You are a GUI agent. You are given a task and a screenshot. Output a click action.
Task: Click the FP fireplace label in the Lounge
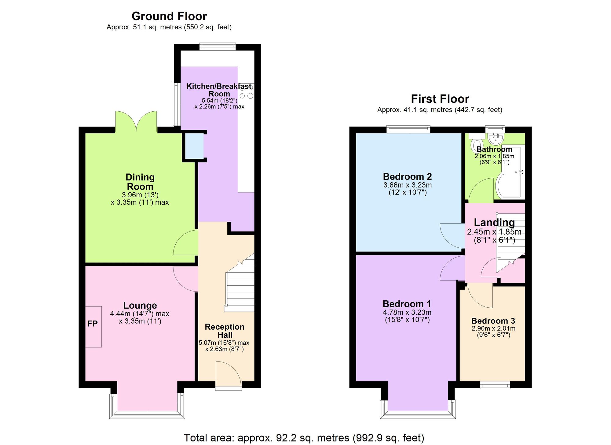pos(93,324)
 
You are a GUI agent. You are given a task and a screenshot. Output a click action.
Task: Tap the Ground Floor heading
pos(169,16)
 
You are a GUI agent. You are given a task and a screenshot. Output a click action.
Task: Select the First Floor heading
pos(440,99)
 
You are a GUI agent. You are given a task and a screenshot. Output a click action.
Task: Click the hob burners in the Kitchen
pos(246,91)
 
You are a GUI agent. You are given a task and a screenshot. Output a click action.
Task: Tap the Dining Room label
pos(140,182)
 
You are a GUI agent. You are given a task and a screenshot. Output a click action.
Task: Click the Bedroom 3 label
pos(493,321)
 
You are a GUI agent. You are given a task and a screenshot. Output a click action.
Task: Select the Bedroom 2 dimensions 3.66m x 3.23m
pos(408,185)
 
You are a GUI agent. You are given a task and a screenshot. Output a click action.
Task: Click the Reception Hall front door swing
pos(228,373)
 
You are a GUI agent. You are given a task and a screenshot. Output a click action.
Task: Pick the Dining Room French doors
pos(136,122)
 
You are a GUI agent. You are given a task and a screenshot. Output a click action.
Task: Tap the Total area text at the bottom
pos(304,438)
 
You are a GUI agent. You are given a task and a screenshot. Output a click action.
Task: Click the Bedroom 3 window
pos(495,385)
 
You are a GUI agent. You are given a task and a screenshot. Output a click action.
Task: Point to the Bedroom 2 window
pos(408,129)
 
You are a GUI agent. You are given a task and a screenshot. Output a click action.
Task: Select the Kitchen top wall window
pos(218,47)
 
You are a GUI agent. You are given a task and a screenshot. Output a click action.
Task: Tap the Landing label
pos(494,222)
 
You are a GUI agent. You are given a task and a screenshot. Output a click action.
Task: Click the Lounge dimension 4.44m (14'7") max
pos(140,314)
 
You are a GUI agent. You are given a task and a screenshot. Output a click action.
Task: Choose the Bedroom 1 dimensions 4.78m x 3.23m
pos(407,312)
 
